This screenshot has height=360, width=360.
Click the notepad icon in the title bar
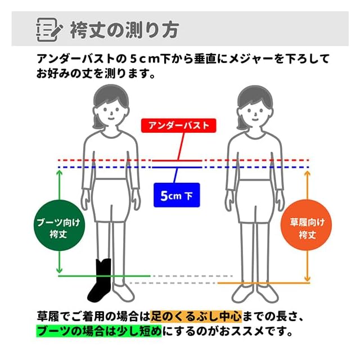(47, 29)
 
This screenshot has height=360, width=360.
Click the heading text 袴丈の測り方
(124, 29)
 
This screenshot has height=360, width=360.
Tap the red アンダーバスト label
(178, 125)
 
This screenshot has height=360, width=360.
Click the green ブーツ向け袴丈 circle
(58, 228)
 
